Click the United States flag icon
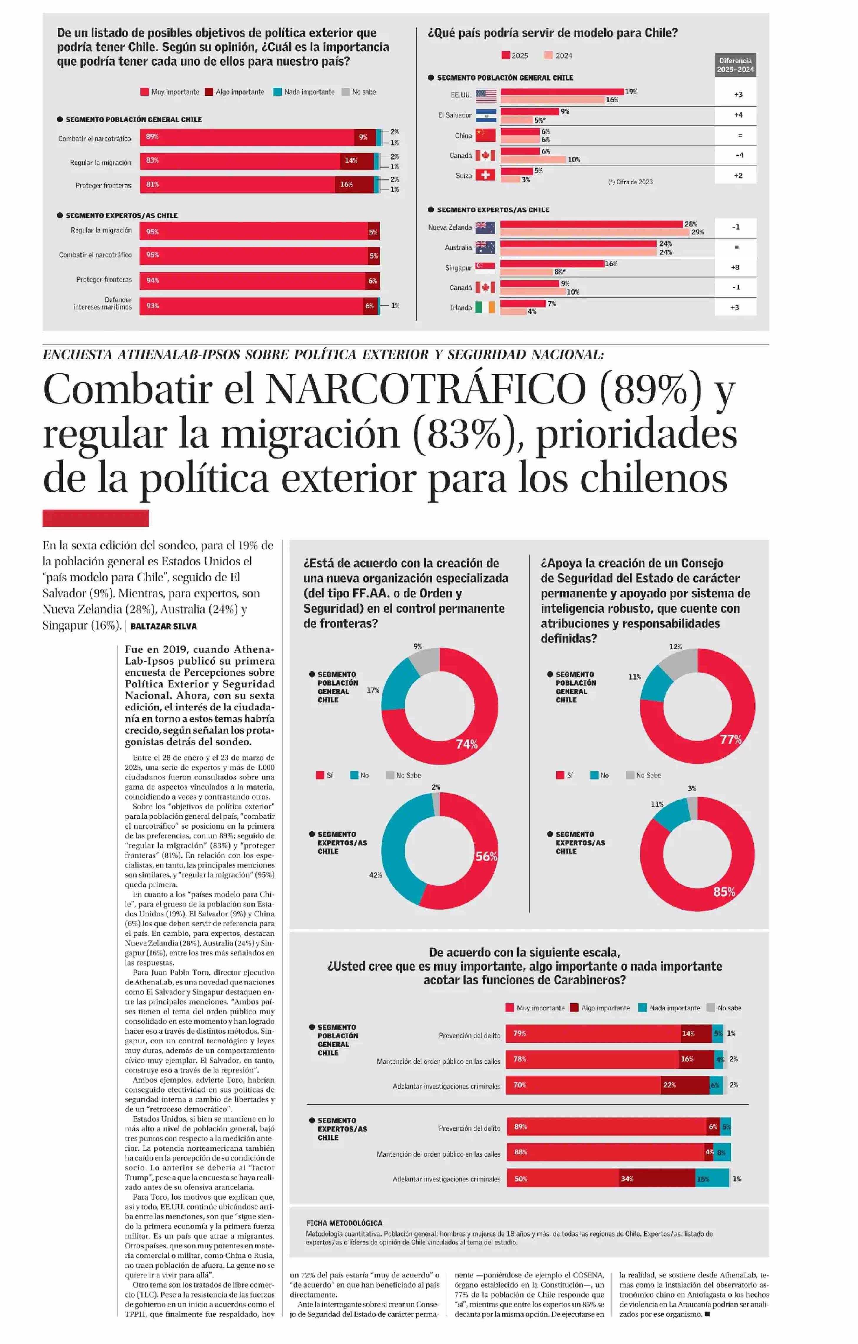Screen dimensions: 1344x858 [486, 95]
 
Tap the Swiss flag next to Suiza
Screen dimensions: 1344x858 [485, 175]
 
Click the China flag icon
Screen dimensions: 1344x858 [485, 135]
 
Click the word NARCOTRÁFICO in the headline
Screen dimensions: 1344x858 [425, 389]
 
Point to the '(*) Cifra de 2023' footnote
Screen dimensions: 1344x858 [630, 182]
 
